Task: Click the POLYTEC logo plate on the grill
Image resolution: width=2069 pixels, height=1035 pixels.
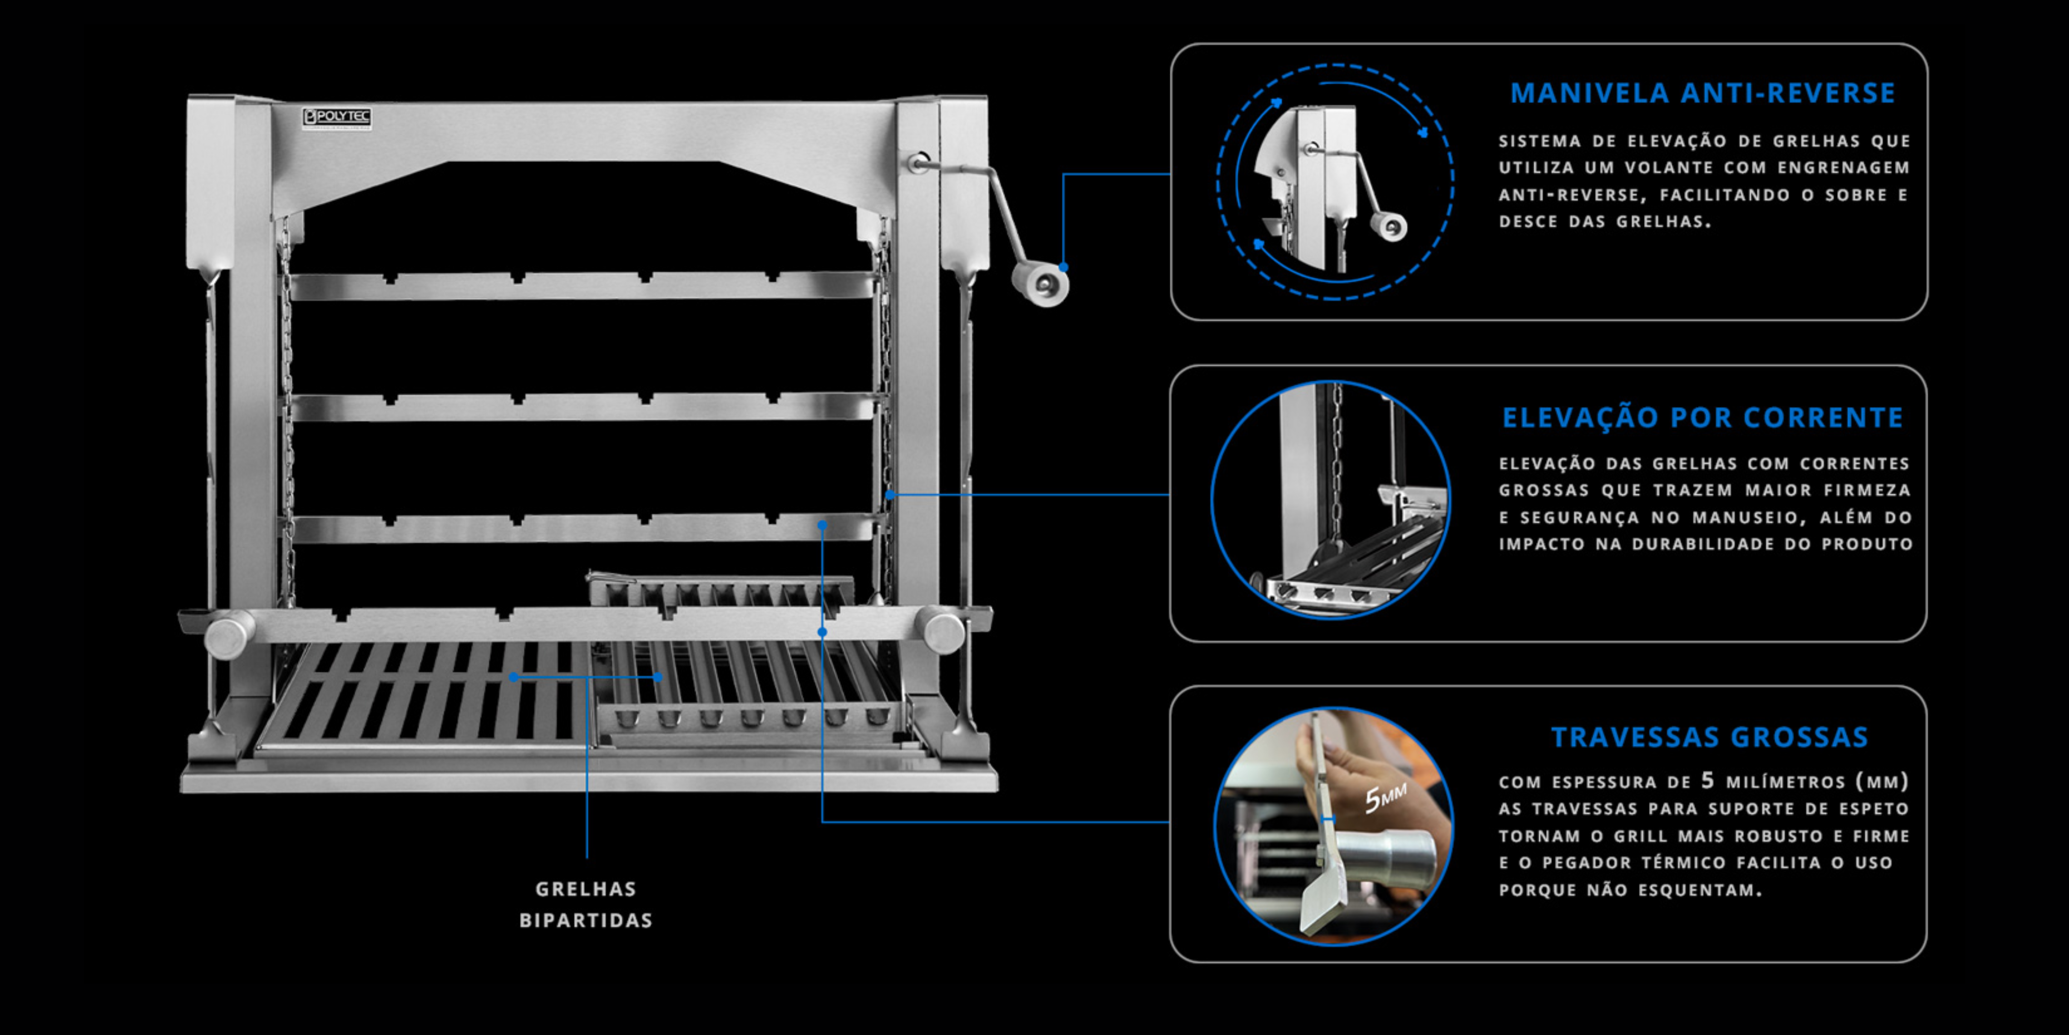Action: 336,117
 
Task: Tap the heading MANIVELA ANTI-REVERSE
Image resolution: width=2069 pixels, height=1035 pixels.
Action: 1703,93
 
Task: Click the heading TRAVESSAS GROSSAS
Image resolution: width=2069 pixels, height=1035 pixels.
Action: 1709,737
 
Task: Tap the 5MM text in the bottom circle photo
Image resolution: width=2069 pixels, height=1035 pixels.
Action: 1386,798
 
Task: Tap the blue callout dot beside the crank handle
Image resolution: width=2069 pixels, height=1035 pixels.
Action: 1064,267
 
